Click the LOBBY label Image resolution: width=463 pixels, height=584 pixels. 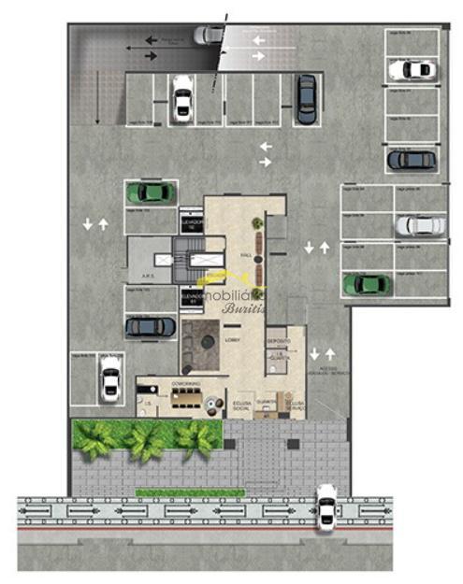[x=233, y=340]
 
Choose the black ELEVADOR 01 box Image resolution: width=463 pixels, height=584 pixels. [x=193, y=299]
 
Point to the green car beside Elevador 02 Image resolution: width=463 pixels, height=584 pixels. [x=151, y=192]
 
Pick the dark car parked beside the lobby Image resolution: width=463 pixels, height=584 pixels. [x=150, y=327]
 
